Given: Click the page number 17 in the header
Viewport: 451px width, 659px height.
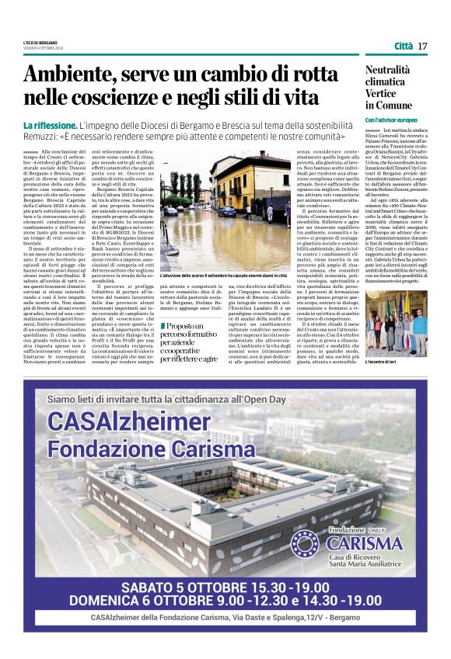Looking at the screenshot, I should coord(422,46).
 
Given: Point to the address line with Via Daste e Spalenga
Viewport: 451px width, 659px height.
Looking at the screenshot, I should coord(226,617).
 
